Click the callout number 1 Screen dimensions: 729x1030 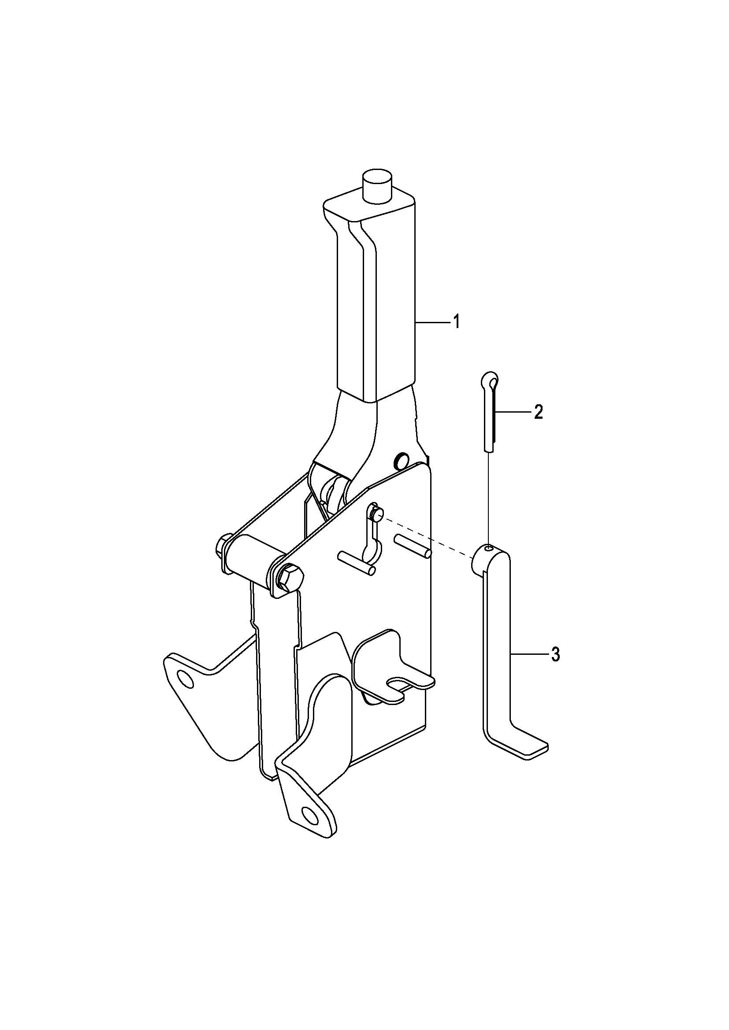pos(456,321)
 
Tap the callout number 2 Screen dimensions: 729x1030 pos(538,412)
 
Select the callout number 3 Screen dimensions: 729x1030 pos(555,655)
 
